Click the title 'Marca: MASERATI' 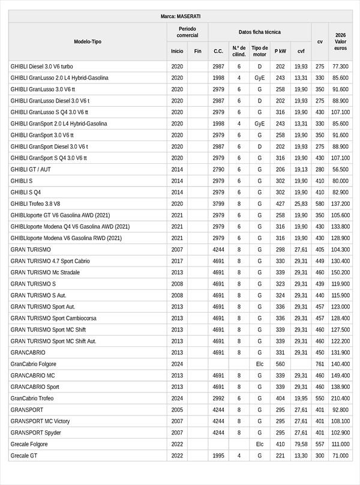coord(181,16)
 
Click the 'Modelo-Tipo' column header coord(88,41)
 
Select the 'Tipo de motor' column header coord(260,51)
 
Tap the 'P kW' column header coord(280,51)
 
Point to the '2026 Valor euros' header coord(340,41)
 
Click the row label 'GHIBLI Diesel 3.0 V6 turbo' coord(42,67)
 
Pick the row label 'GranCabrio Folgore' coord(33,364)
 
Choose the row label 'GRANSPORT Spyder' coord(36,433)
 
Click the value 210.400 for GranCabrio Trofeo coord(340,399)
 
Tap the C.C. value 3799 coord(218,203)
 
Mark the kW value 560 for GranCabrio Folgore coord(280,364)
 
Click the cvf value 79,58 coord(301,444)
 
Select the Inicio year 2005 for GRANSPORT coord(177,410)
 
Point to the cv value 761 coord(320,364)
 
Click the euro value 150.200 coord(340,273)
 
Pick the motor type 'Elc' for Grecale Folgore coord(260,444)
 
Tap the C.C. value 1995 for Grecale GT coord(218,456)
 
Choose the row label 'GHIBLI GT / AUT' coord(32,169)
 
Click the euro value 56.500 coord(340,169)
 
